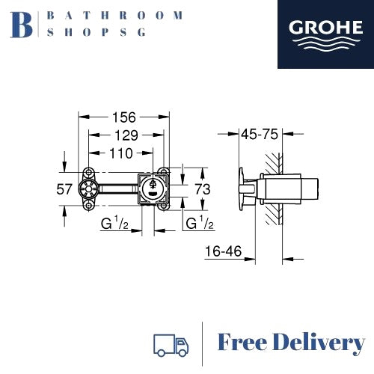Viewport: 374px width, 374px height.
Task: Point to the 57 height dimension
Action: [x=65, y=189]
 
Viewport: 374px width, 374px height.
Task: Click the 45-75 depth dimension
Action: [x=260, y=135]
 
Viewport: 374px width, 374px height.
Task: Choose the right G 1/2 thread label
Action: [x=200, y=223]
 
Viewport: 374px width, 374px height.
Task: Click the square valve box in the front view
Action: [x=153, y=188]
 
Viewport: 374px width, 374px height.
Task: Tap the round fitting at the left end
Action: [x=90, y=188]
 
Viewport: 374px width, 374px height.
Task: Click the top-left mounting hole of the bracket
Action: [x=90, y=171]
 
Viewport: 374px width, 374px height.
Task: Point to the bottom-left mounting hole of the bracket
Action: [x=90, y=204]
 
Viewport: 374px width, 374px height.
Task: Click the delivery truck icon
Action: [x=170, y=344]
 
